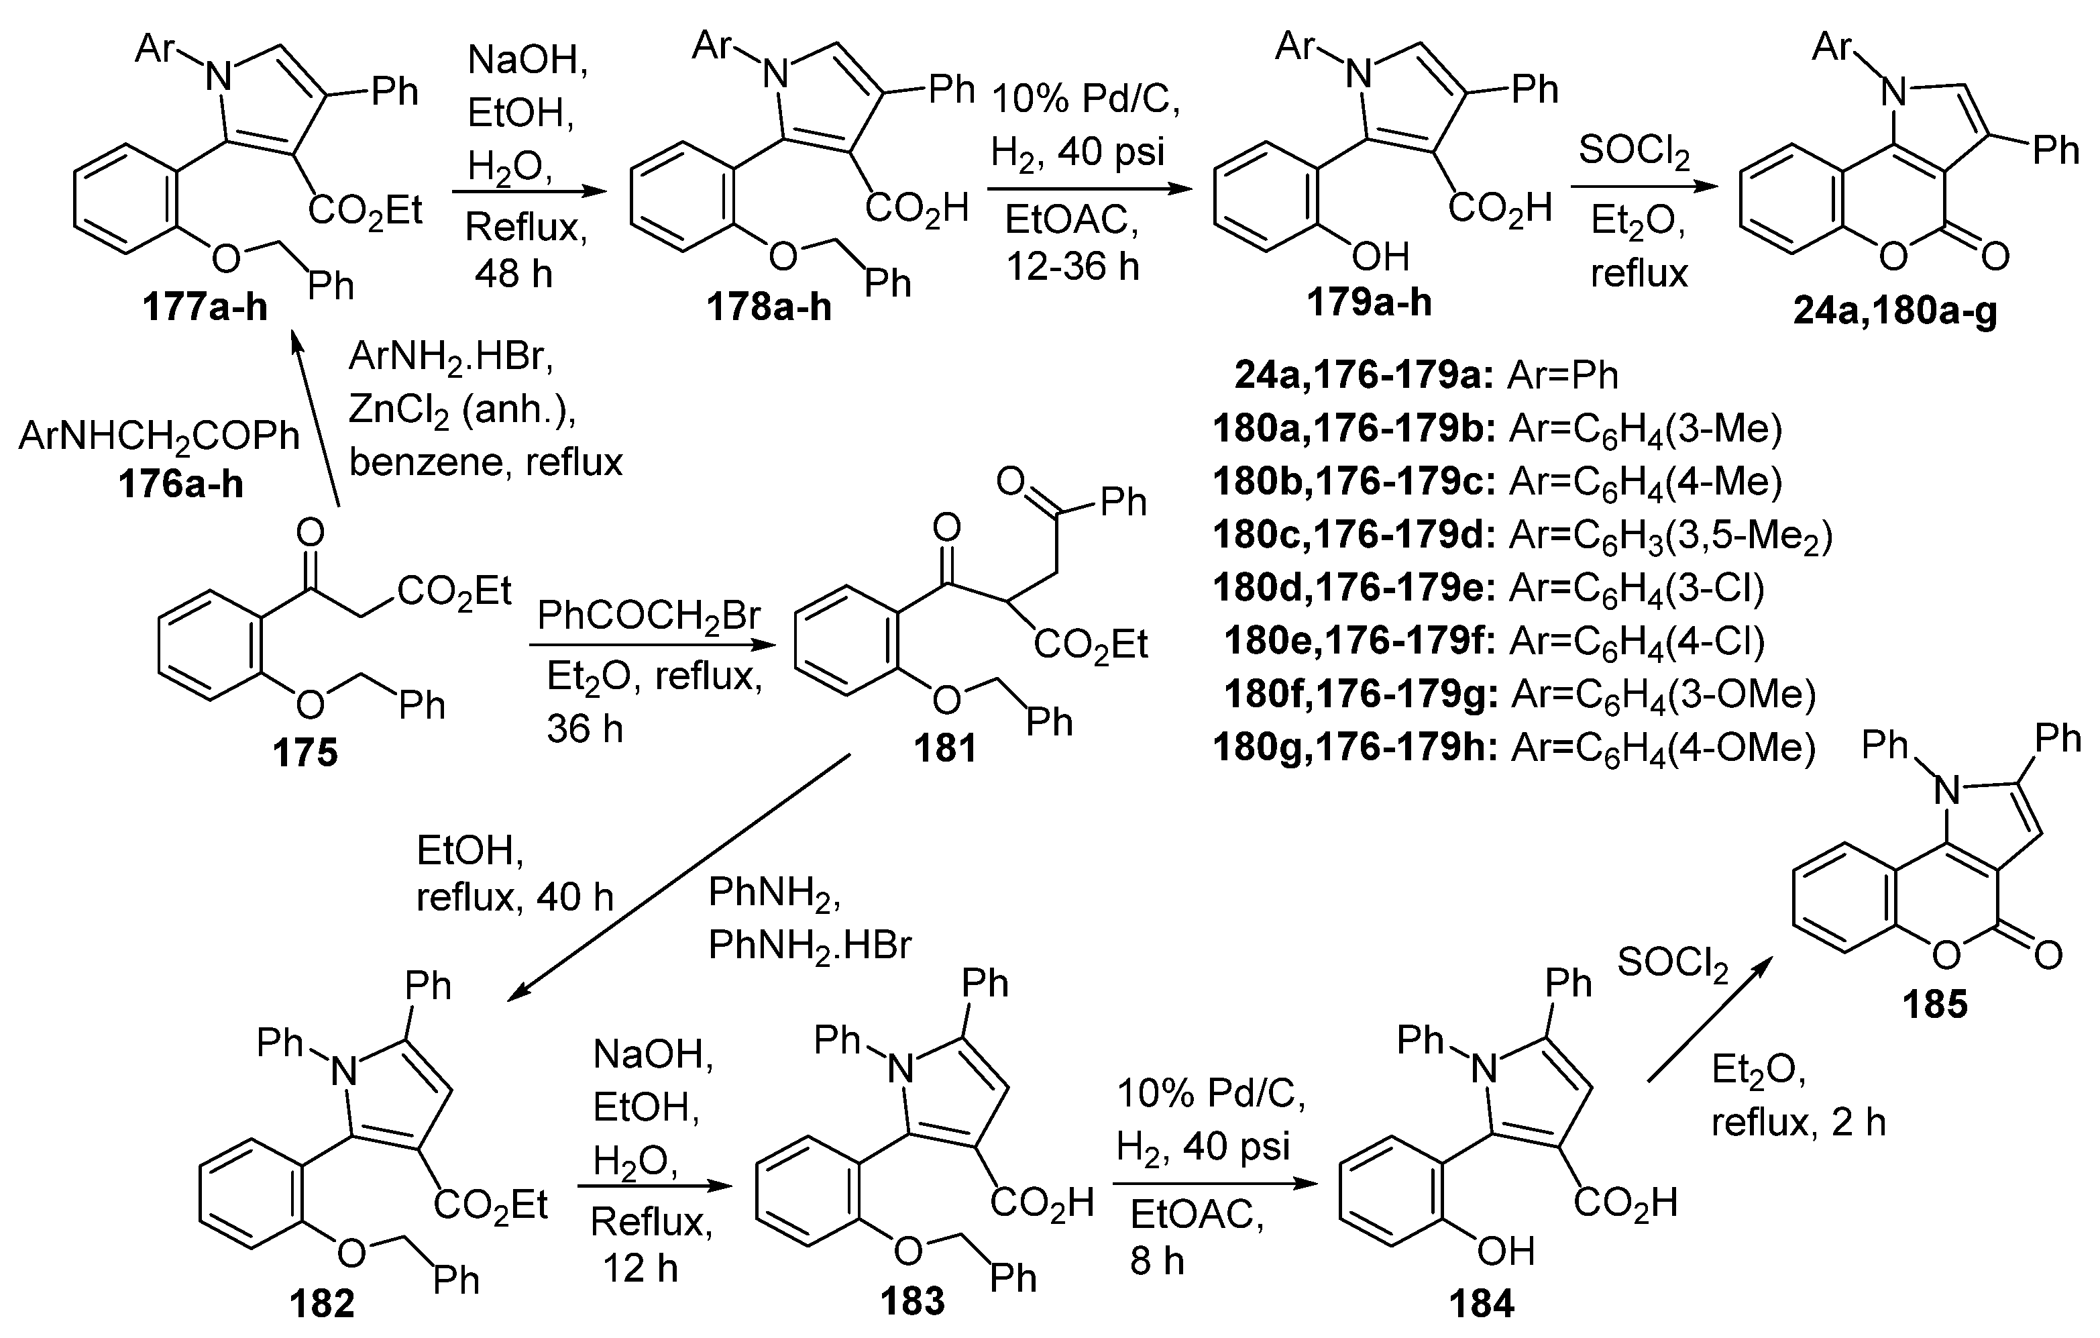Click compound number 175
point(305,752)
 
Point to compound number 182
point(323,1303)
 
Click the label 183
point(912,1300)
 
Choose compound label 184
point(1482,1303)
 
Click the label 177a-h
point(206,308)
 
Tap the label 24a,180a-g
point(1895,311)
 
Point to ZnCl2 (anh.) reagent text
point(462,408)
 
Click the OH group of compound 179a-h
point(1380,256)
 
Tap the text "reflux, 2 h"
point(1798,1122)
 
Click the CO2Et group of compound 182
point(491,1204)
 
